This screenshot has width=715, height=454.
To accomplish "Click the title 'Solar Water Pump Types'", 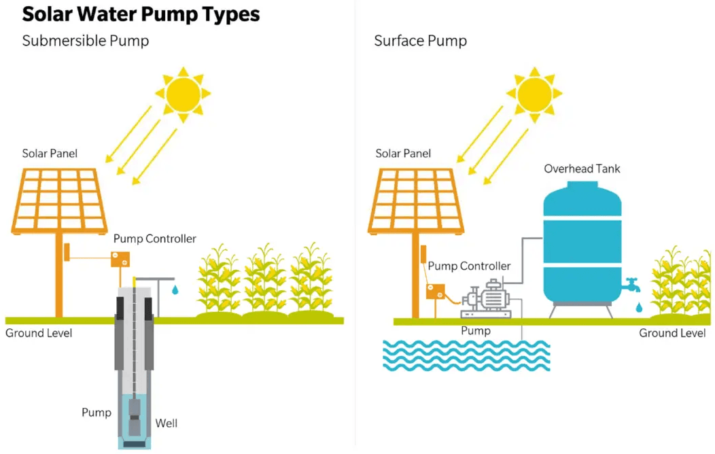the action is click(x=141, y=14).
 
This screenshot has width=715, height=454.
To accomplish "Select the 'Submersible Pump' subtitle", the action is click(x=85, y=41).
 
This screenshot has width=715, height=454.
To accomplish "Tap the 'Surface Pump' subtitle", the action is click(x=421, y=41).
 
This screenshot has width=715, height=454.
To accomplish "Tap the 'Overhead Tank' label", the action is click(x=582, y=169).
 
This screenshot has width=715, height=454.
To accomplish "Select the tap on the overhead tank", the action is click(x=631, y=285).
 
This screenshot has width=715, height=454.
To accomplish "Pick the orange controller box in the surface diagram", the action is click(x=436, y=292).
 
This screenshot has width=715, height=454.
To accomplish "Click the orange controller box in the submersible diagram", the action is click(x=120, y=260).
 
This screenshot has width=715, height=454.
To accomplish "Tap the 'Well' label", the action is click(x=167, y=423).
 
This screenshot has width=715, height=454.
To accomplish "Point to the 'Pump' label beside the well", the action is click(x=97, y=413).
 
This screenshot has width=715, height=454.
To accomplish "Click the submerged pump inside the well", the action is click(x=135, y=417).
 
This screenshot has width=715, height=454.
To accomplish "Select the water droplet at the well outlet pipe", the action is click(x=175, y=290).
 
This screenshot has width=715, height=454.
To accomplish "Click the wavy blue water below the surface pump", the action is click(x=466, y=355).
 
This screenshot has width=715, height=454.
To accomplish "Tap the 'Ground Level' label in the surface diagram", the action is click(x=672, y=333).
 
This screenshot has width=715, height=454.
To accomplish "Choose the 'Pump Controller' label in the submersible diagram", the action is click(x=154, y=239).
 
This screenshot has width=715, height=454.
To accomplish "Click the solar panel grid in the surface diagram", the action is click(x=416, y=200).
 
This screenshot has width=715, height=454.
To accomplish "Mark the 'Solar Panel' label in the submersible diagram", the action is click(x=50, y=154).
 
